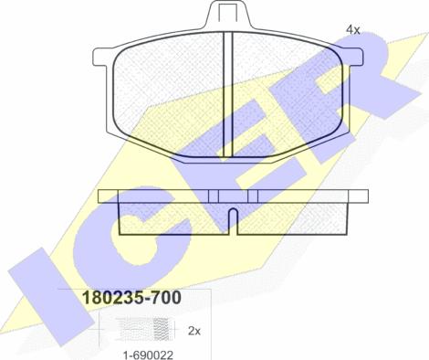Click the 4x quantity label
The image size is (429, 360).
pyautogui.click(x=353, y=30)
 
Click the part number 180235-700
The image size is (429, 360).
pyautogui.click(x=132, y=298)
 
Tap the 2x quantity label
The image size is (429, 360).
pyautogui.click(x=194, y=331)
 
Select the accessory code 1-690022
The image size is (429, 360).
pyautogui.click(x=148, y=355)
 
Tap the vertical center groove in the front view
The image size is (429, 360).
pyautogui.click(x=227, y=94)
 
